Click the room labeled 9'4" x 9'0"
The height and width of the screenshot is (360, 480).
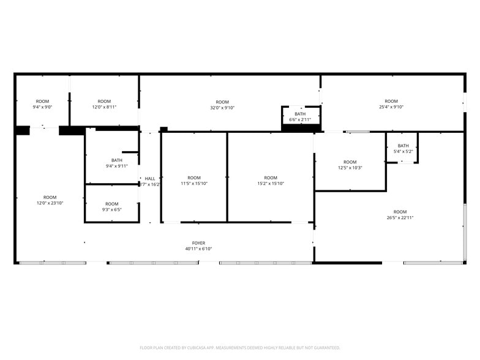(42, 104)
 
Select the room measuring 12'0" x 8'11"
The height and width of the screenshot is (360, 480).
(104, 104)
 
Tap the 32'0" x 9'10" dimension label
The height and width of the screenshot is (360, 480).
(222, 108)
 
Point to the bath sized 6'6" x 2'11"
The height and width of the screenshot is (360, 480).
(300, 116)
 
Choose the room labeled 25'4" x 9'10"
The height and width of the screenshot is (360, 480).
(391, 104)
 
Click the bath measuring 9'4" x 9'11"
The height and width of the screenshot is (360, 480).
(116, 163)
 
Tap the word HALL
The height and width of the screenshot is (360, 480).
(150, 178)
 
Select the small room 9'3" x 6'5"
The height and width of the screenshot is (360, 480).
(112, 207)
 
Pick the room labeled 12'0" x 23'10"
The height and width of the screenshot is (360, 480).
(50, 200)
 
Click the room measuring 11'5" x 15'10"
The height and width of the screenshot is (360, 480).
(194, 181)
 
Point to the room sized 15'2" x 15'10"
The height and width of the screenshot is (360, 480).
(271, 181)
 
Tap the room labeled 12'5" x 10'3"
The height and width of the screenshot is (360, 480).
(350, 165)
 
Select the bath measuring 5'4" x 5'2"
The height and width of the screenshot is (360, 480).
(403, 148)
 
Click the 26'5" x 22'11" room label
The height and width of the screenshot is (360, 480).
(400, 215)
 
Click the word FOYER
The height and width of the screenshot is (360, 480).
(199, 243)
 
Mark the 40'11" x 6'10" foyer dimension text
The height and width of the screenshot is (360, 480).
(199, 249)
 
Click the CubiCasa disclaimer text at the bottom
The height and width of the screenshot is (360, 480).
(240, 347)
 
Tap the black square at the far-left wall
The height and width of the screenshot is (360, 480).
(22, 130)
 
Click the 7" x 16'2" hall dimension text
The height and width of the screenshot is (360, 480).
(151, 184)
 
